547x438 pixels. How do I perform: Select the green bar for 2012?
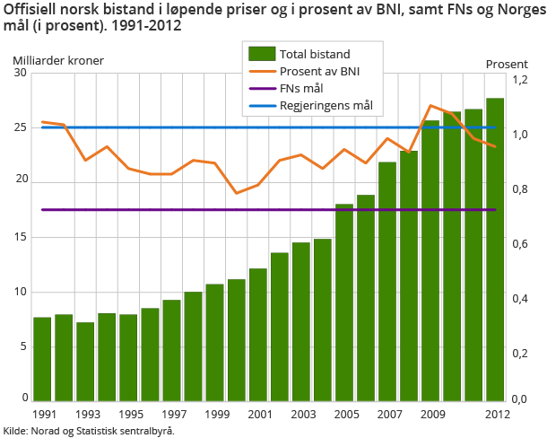coord(495,250)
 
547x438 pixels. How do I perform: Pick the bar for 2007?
coord(387,281)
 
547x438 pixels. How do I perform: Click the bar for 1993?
coord(85,361)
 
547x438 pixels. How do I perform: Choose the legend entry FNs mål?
coord(301,89)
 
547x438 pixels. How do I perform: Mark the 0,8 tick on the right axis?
coord(519,189)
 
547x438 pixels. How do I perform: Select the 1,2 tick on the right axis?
coord(519,80)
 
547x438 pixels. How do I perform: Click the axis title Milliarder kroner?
coord(58,62)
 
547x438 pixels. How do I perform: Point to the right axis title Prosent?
coord(507,64)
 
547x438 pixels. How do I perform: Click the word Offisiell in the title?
coord(30,9)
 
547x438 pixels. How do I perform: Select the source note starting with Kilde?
coord(89,431)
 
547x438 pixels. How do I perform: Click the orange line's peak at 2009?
coord(430,106)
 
